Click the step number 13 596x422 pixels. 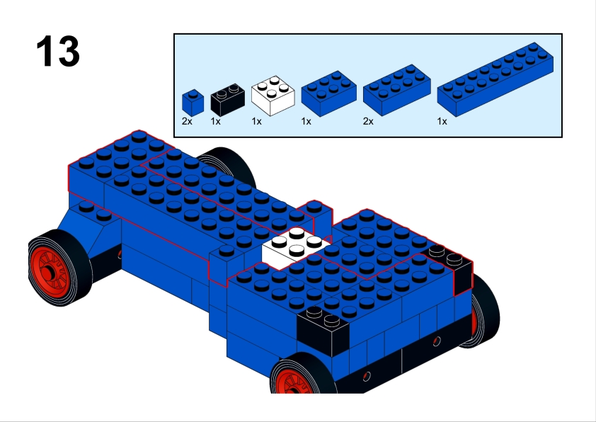[58, 51]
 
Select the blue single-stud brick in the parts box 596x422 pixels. [193, 102]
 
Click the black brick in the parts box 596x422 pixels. [228, 100]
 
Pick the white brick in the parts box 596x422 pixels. [273, 96]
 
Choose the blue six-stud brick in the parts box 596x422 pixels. [328, 93]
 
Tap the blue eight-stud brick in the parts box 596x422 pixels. [397, 90]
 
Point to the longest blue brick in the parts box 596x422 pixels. [495, 79]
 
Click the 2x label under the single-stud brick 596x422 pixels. [187, 121]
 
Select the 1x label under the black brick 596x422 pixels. [215, 121]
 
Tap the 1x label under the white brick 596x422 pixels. [256, 121]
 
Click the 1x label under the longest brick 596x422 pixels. [442, 121]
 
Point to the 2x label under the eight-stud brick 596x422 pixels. [368, 121]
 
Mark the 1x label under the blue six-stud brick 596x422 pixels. [306, 121]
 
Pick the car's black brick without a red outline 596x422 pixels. [323, 331]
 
